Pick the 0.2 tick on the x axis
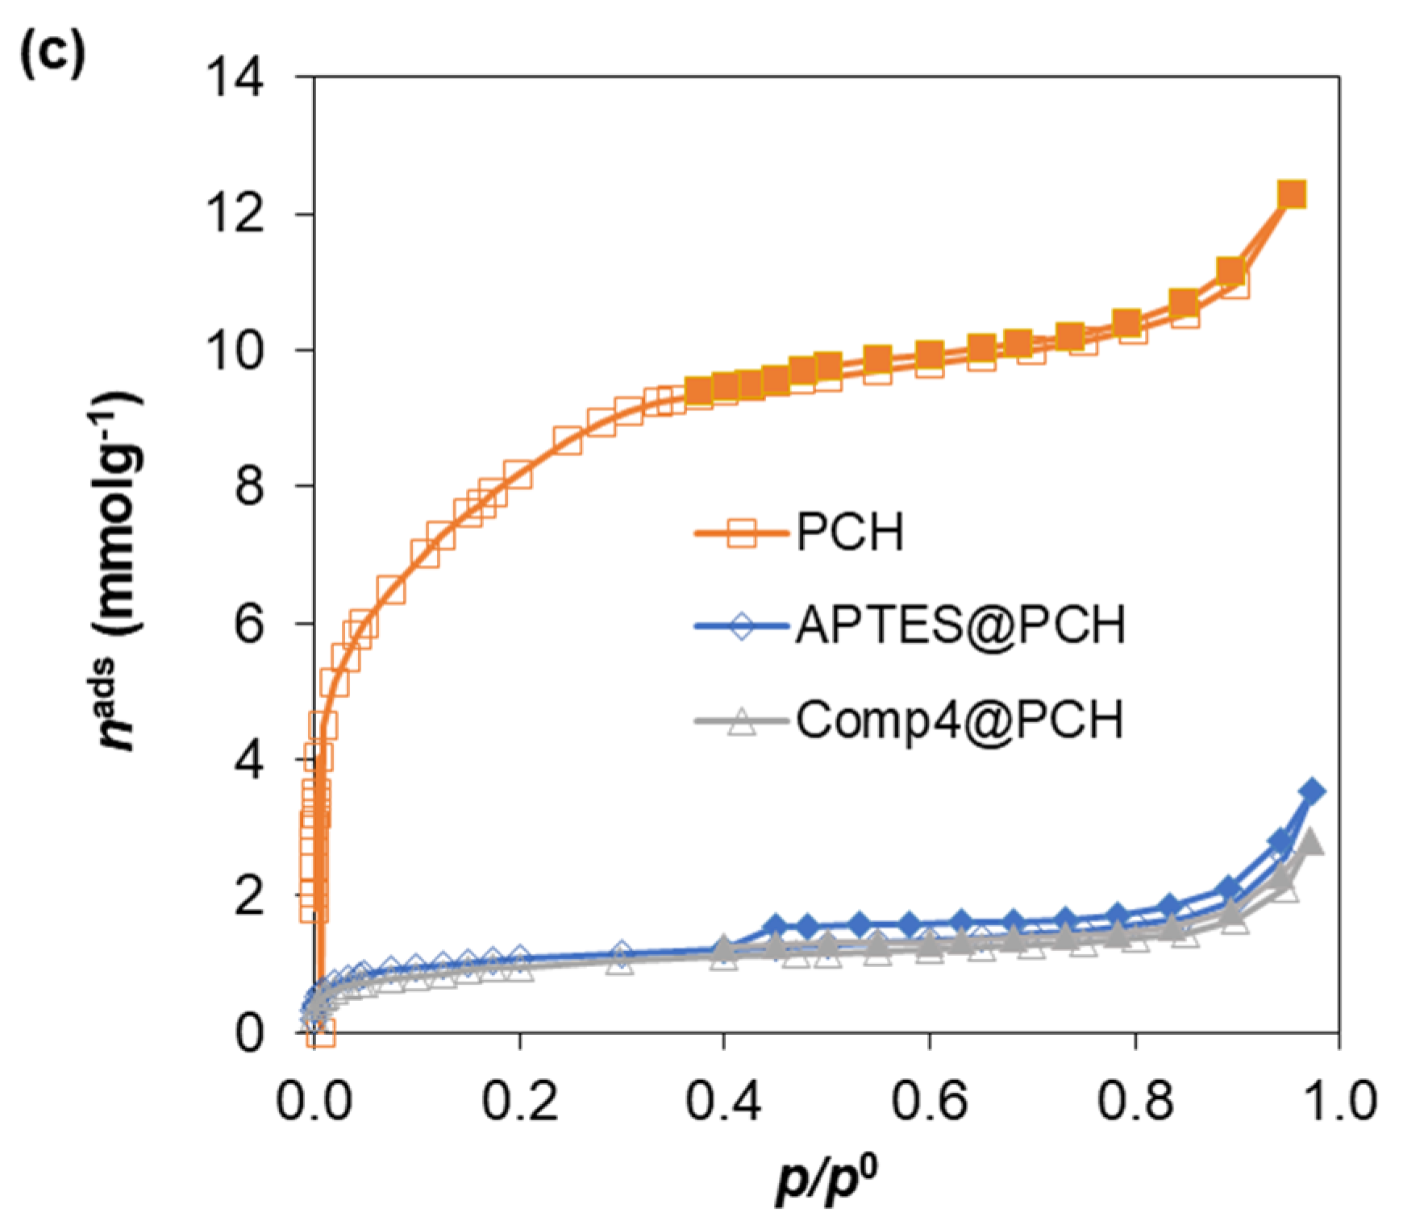[519, 1102]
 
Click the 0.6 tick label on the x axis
[929, 1102]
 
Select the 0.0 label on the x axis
[314, 1102]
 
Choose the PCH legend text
[850, 534]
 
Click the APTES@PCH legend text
[960, 625]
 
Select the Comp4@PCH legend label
[960, 719]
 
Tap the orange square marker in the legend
[742, 534]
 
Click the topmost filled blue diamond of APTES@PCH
[1313, 791]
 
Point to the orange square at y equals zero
[323, 1032]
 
